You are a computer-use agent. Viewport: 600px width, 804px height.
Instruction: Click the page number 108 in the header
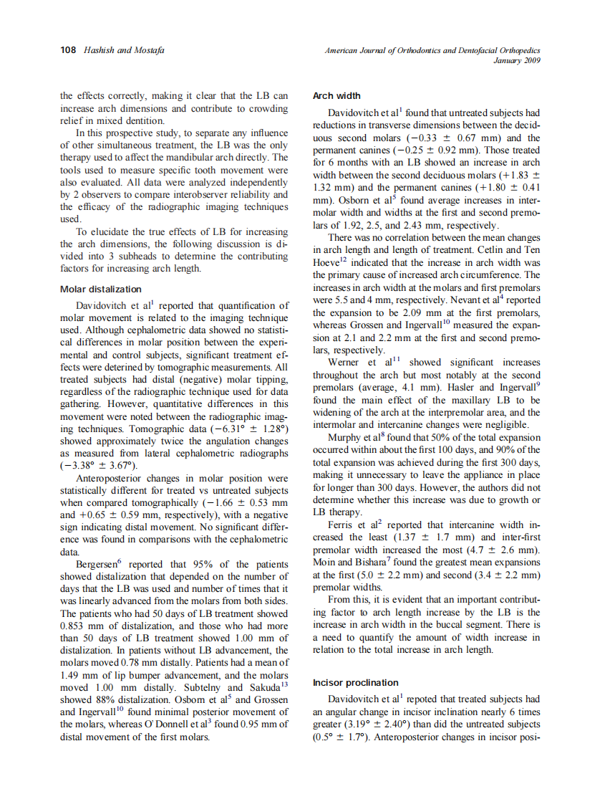(x=68, y=50)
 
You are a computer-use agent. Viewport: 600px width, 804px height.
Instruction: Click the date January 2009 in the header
(x=517, y=60)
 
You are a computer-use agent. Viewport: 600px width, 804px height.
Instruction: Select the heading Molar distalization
(x=101, y=289)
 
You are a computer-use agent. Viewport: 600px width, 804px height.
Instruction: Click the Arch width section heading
(x=337, y=96)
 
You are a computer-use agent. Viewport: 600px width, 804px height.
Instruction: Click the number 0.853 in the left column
(x=75, y=625)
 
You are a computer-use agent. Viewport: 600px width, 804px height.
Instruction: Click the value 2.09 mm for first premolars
(x=390, y=312)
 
